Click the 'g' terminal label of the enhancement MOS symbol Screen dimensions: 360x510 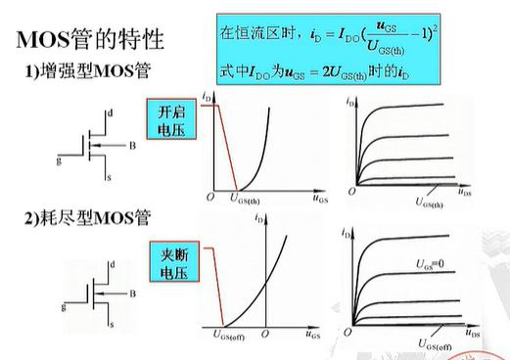point(60,157)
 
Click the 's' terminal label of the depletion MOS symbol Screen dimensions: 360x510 point(111,323)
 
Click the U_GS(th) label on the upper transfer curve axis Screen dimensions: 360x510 point(253,199)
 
